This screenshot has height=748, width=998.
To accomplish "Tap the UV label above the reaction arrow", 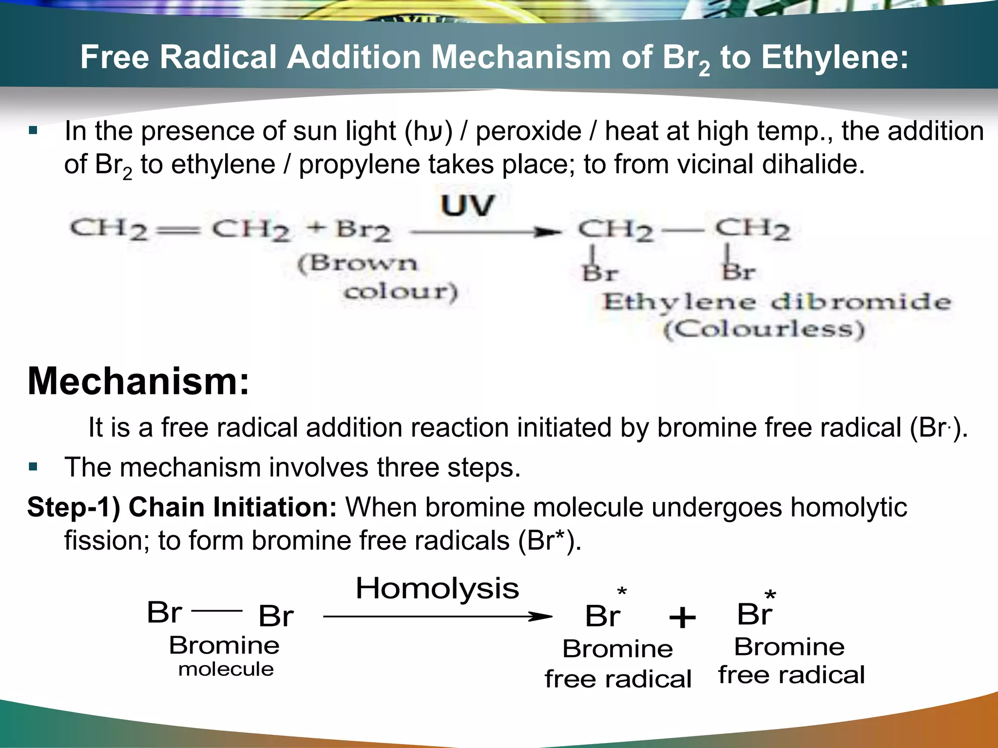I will coord(467,206).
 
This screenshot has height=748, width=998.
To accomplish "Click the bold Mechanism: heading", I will coord(138,381).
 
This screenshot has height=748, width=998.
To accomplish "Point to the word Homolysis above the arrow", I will coord(437,588).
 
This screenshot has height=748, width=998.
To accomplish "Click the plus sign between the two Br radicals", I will coord(682,618).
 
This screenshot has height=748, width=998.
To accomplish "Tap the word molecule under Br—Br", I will coord(226,669).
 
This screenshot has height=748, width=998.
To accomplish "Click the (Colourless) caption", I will coord(764,329).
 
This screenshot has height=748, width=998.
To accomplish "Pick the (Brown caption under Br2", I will coord(358,263).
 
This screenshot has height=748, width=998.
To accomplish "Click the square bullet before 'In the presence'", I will coord(33,131).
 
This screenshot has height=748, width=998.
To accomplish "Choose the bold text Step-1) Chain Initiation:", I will coord(182,507).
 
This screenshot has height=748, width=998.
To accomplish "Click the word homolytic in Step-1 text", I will coord(848,507).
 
